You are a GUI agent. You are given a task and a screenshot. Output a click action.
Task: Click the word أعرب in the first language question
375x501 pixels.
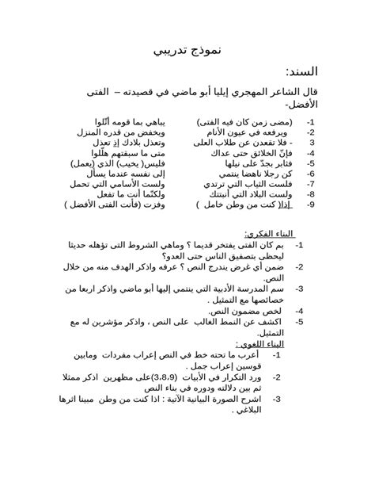click(252, 356)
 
